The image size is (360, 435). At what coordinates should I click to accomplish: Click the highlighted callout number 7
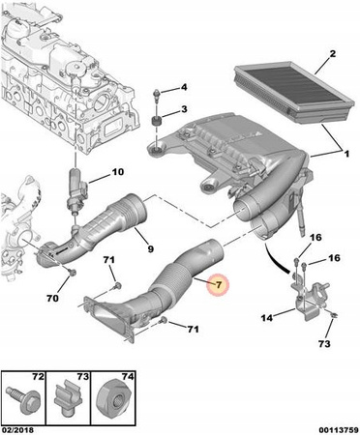[219, 284]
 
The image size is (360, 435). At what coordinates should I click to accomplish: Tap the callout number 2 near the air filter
[332, 53]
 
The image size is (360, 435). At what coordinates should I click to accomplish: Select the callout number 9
[151, 248]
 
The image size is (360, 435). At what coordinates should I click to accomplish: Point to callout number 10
[118, 172]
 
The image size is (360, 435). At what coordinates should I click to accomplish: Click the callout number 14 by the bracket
[267, 318]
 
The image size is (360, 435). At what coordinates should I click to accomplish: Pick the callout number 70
[52, 299]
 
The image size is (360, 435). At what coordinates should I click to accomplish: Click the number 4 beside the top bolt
[184, 87]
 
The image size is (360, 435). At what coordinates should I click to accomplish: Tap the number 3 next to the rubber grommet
[184, 109]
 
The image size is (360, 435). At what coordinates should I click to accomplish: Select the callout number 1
[346, 154]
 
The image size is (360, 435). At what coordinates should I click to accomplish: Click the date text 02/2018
[17, 430]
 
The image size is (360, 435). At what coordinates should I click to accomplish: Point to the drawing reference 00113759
[339, 430]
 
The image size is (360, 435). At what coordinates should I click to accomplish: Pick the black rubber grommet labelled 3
[157, 123]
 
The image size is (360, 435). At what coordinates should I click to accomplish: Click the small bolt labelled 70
[73, 273]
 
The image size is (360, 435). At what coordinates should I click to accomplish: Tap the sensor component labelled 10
[76, 191]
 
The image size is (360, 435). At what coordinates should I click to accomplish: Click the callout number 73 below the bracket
[324, 344]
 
